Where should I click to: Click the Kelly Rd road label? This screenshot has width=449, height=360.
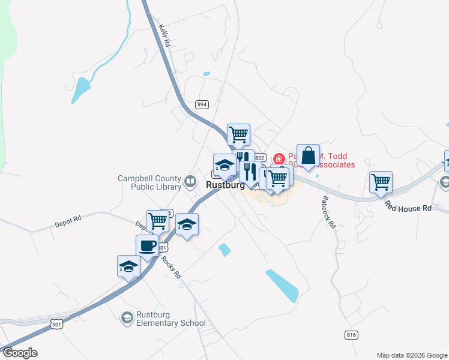165,36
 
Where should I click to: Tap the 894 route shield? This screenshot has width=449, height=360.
202,104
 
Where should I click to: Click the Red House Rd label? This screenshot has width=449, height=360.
409,208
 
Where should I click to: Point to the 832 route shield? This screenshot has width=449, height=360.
259,157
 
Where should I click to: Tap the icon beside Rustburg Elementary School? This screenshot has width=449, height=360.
127,317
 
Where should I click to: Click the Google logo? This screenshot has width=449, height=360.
20,353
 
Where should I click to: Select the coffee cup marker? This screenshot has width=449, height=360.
148,245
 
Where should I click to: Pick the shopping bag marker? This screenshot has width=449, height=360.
308,155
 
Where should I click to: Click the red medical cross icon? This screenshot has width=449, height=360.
279,159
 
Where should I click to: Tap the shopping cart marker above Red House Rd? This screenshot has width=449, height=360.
381,182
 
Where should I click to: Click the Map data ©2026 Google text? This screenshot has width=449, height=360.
411,355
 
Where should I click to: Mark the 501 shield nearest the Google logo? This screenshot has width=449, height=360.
56,325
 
